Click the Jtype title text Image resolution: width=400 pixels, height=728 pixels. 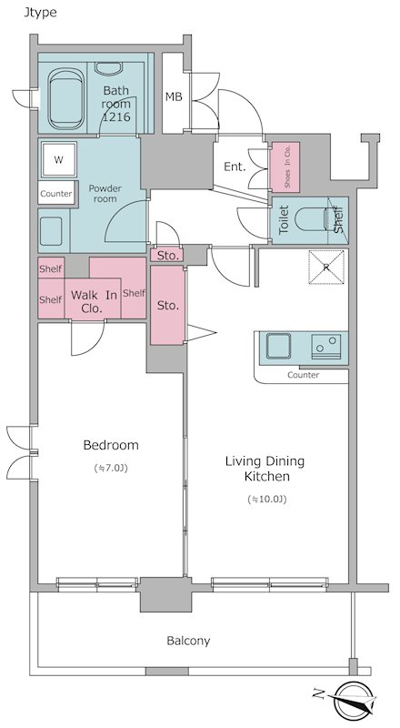[x=40, y=13]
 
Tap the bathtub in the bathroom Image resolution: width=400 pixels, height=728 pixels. [x=65, y=99]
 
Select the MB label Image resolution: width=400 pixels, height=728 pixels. [x=174, y=97]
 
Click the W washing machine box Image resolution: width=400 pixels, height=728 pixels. [x=58, y=160]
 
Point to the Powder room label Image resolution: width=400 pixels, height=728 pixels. [x=105, y=193]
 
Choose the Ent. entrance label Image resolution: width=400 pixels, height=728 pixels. [x=235, y=167]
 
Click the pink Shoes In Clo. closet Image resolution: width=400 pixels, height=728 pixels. [x=285, y=167]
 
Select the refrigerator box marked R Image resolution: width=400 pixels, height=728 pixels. [x=326, y=267]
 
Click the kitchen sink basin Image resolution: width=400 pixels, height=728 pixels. [x=278, y=346]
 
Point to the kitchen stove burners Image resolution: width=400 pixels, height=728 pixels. [x=326, y=347]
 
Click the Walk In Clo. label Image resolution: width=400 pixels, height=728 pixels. [x=94, y=301]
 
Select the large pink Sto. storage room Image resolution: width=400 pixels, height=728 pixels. [x=167, y=305]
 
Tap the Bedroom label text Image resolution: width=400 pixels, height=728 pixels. [x=111, y=445]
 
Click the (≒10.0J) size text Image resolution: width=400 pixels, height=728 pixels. [x=267, y=500]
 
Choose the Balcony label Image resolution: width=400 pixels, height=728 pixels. [x=188, y=642]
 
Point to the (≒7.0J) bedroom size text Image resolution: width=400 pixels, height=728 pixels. [x=110, y=469]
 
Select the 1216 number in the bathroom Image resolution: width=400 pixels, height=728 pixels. [x=116, y=117]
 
